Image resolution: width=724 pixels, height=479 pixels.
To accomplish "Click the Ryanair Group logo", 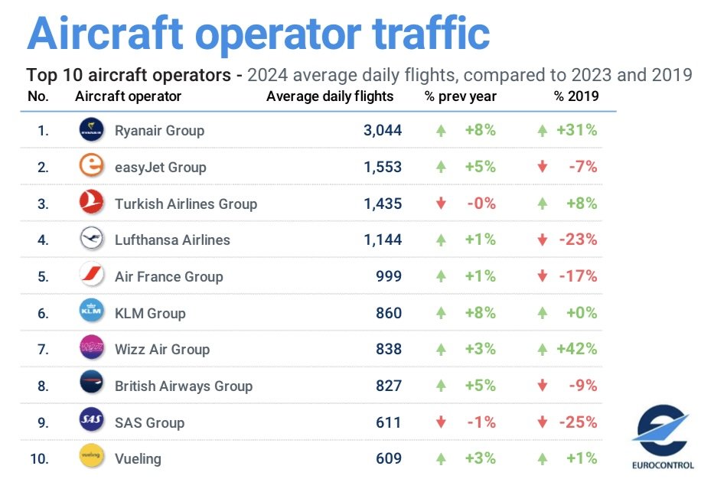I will point(92,130).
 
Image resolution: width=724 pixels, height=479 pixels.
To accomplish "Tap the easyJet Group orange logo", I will point(92,167).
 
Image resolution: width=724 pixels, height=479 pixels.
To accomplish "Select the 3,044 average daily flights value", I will point(383,130).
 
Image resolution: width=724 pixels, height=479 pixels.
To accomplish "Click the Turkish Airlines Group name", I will point(186,204).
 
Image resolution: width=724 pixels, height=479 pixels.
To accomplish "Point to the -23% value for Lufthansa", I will point(578,239).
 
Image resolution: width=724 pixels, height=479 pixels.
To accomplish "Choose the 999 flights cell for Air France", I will point(389,276).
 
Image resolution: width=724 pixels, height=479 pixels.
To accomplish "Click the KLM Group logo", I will point(92,312).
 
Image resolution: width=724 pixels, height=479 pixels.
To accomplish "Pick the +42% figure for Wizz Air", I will point(577,349).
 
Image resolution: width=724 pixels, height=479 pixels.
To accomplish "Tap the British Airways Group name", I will point(184,386).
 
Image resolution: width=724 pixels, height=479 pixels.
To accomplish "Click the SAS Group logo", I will point(92,422).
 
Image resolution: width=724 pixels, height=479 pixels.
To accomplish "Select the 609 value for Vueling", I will point(389,458).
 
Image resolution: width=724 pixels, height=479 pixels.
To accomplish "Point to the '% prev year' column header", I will point(461,96).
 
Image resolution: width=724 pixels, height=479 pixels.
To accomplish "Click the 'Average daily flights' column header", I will point(330,96).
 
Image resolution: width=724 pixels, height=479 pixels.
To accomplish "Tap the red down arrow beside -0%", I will point(441,204).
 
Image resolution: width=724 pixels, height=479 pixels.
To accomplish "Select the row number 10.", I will point(39,458).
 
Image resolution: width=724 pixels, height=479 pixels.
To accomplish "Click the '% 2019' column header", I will point(577,96).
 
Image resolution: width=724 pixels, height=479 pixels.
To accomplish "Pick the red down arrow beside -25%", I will point(543,422).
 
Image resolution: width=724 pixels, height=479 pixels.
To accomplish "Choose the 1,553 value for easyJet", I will point(383,167).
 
